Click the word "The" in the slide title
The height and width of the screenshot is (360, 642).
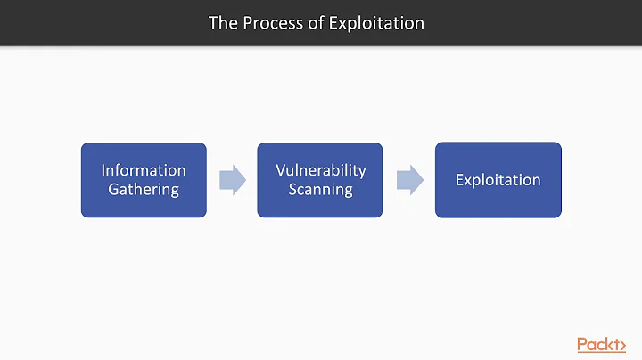pyautogui.click(x=222, y=22)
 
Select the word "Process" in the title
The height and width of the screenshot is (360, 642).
pyautogui.click(x=270, y=22)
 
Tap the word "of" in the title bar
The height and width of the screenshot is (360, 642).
pyautogui.click(x=315, y=22)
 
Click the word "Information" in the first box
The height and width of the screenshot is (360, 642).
pyautogui.click(x=144, y=169)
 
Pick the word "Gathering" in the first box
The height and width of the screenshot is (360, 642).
pyautogui.click(x=144, y=189)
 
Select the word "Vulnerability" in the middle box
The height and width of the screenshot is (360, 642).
pyautogui.click(x=320, y=169)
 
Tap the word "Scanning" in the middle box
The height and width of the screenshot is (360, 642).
pyautogui.click(x=320, y=189)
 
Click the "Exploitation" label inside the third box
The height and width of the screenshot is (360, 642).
pyautogui.click(x=498, y=180)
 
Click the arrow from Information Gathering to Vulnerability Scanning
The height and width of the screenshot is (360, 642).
pyautogui.click(x=233, y=180)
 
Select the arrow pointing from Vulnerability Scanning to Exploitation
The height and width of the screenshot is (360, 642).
pyautogui.click(x=409, y=180)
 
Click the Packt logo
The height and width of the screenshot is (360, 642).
pyautogui.click(x=601, y=344)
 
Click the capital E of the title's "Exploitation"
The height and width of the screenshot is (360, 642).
pyautogui.click(x=335, y=22)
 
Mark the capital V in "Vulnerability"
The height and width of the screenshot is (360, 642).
pyautogui.click(x=280, y=169)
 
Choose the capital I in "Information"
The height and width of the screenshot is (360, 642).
pyautogui.click(x=103, y=169)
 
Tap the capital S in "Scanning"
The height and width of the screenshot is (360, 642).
pyautogui.click(x=292, y=189)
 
